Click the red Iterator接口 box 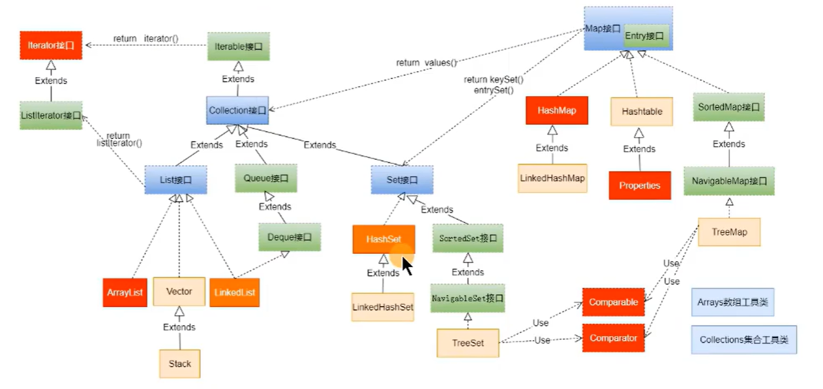[x=51, y=45]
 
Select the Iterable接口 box [x=239, y=46]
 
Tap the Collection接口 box [x=237, y=110]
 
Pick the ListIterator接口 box [x=51, y=116]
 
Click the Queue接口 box [x=266, y=178]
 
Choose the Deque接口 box [x=290, y=237]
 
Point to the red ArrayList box [x=125, y=292]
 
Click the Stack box [x=179, y=364]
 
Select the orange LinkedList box [x=235, y=292]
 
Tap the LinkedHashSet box [x=383, y=307]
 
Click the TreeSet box [x=468, y=343]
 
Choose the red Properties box [x=640, y=185]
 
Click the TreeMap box [x=729, y=232]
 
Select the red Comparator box [x=614, y=338]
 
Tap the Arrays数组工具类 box [x=732, y=302]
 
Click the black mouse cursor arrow [x=407, y=266]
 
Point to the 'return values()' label [x=426, y=63]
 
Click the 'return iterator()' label [x=146, y=39]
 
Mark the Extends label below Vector [x=179, y=327]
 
